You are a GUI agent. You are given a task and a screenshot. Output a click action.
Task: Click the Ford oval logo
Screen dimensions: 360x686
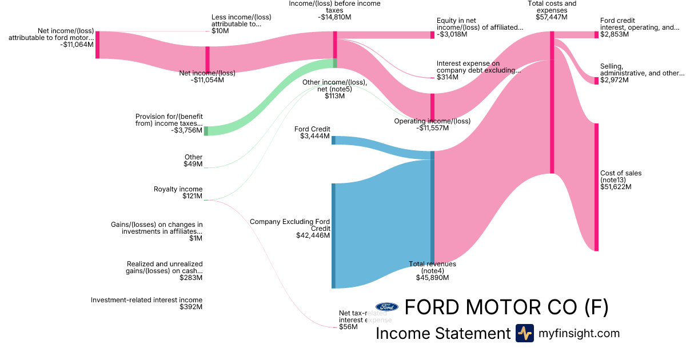point(387,307)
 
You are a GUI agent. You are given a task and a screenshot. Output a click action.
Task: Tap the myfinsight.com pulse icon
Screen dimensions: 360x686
point(524,333)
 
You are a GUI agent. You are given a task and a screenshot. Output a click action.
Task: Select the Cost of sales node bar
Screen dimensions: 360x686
point(596,187)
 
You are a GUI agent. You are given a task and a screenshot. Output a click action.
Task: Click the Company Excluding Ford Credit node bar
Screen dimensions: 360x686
point(333,235)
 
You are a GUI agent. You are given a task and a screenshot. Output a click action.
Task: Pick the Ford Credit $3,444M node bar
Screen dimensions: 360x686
point(333,140)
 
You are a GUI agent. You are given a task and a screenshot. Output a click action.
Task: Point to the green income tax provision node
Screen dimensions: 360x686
point(206,131)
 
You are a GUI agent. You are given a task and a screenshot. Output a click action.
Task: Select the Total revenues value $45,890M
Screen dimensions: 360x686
point(432,278)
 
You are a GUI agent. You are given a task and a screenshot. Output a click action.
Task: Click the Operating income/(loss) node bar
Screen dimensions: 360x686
point(432,107)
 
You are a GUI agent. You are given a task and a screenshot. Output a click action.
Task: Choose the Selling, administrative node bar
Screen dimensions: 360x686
point(596,81)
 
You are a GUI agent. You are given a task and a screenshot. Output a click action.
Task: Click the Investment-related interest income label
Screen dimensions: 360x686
point(146,300)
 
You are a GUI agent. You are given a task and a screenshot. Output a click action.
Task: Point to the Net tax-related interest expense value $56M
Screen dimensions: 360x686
point(348,327)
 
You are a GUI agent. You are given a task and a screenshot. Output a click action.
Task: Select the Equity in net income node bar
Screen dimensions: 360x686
point(432,35)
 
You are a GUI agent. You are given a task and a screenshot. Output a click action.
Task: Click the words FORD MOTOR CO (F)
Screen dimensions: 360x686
point(506,307)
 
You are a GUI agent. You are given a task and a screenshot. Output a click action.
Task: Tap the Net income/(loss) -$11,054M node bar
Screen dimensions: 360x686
point(208,59)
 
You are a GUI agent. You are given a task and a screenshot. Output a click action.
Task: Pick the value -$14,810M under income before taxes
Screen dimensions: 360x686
point(334,17)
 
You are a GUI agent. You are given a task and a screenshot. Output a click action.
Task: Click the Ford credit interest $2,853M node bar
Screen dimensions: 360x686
point(596,34)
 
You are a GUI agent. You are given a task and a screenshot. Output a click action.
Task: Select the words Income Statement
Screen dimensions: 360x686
point(442,333)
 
